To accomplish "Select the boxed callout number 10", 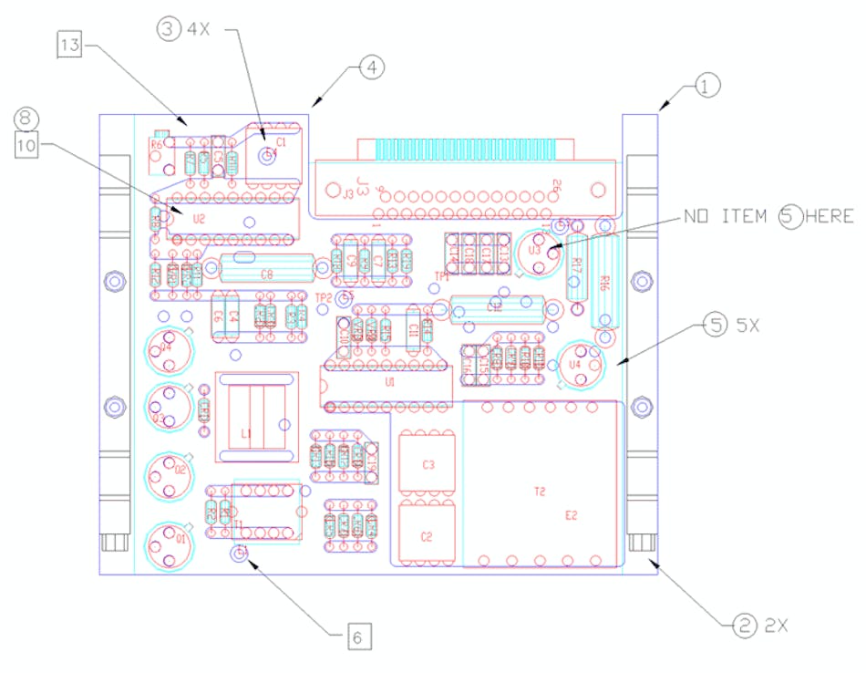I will pos(27,143).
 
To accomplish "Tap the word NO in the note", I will pos(696,216).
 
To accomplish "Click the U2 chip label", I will pos(199,219).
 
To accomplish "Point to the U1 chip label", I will pos(389,383).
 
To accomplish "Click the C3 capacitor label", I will pos(428,465).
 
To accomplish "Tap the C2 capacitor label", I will pos(427,536).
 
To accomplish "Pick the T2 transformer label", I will pos(539,491).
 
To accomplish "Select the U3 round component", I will pos(536,249).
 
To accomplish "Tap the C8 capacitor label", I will pos(266,273).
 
